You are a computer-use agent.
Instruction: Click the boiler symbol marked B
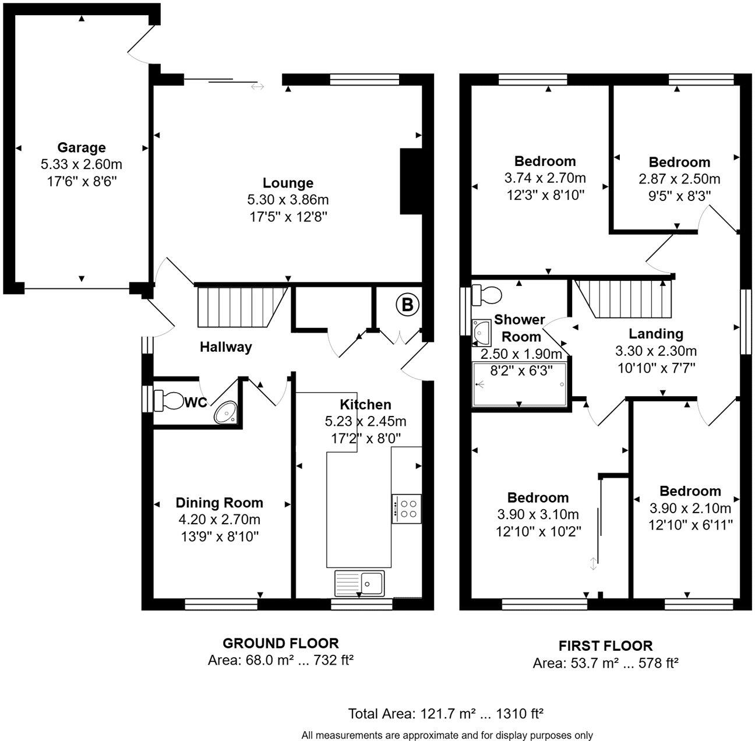point(407,304)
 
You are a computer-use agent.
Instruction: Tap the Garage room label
point(81,147)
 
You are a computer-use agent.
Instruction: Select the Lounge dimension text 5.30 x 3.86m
point(288,200)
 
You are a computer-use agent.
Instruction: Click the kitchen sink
point(359,583)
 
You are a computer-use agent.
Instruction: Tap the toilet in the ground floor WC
point(169,401)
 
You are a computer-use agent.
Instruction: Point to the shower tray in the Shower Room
point(520,384)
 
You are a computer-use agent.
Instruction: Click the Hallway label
point(226,347)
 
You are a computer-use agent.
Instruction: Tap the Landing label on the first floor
point(655,334)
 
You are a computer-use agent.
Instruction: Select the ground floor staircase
point(242,306)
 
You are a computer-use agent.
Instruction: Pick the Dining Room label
point(219,503)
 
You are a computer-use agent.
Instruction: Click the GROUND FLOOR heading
point(281,643)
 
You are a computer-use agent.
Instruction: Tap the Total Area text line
point(446,714)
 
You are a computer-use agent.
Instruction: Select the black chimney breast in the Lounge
point(410,182)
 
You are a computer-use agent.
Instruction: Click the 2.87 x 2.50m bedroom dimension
point(679,179)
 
